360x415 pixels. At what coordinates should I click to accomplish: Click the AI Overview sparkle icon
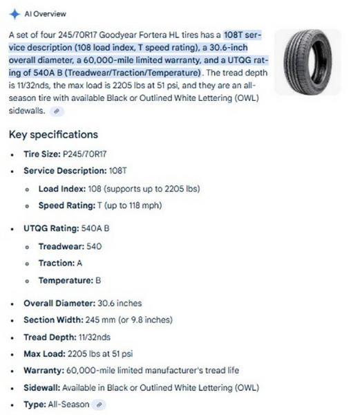click(15, 13)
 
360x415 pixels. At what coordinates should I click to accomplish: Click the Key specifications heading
click(53, 134)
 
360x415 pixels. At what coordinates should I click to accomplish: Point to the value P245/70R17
click(84, 154)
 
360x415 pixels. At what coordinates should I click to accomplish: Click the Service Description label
click(64, 170)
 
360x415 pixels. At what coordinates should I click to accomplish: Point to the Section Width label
click(55, 320)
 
